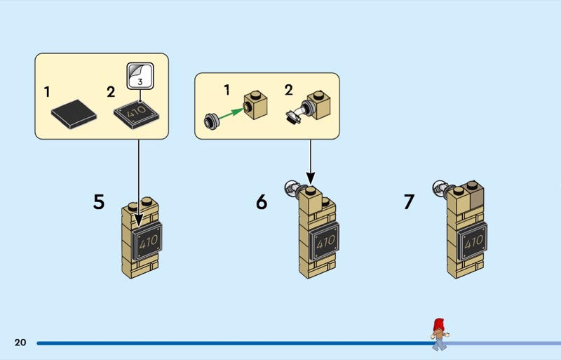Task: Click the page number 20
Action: (20, 342)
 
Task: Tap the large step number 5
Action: (99, 202)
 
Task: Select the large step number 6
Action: (262, 202)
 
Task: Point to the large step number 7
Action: (409, 202)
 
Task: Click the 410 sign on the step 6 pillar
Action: (325, 242)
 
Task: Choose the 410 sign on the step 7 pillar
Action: (474, 242)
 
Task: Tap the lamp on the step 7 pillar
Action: (440, 187)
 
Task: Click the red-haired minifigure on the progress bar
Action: (440, 333)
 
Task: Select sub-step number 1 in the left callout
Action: (47, 92)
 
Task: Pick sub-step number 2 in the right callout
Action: (289, 90)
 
